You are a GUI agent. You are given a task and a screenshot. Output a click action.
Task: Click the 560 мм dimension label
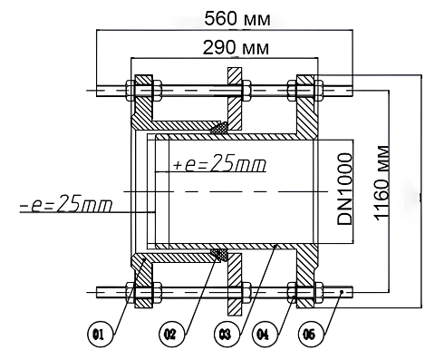tap(237, 18)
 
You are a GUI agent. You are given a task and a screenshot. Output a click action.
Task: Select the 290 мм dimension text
tap(236, 48)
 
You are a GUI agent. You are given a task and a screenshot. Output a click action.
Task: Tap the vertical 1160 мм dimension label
tap(381, 183)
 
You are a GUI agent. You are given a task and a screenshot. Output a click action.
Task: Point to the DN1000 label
tap(344, 190)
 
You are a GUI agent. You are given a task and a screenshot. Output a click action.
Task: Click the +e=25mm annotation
tap(220, 163)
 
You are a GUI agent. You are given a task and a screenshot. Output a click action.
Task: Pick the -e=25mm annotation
tap(66, 203)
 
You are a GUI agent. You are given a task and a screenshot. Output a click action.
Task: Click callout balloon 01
tap(100, 335)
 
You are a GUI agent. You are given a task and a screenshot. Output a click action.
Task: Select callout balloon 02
tap(171, 335)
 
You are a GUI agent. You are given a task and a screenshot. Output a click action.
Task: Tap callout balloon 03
tap(227, 335)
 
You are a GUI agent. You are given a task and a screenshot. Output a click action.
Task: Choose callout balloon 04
tap(265, 335)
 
